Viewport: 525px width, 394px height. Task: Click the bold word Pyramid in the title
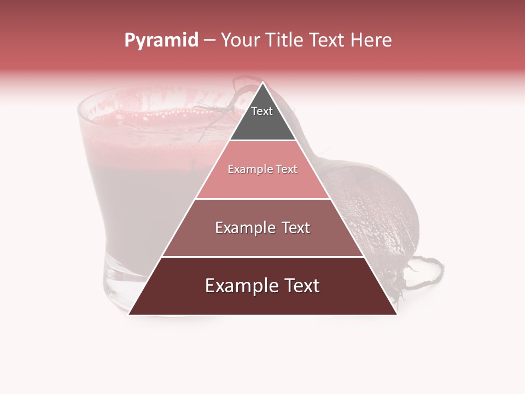coord(161,40)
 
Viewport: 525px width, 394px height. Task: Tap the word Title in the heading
coord(288,40)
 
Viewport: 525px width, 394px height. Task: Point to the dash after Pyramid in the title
coord(209,41)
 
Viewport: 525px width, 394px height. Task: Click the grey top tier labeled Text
coord(262,118)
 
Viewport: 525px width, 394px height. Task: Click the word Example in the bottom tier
coord(238,286)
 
